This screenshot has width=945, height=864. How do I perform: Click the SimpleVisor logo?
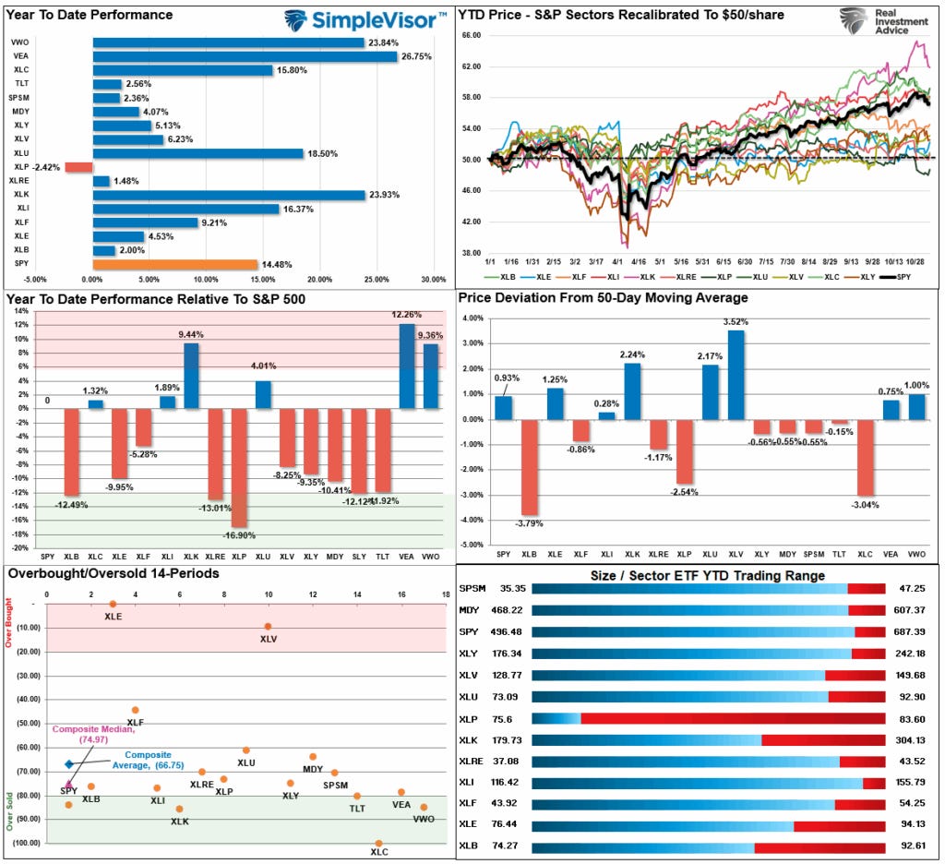click(x=366, y=19)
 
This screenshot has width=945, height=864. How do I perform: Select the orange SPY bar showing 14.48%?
click(x=174, y=264)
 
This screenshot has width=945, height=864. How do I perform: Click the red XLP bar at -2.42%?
click(x=78, y=167)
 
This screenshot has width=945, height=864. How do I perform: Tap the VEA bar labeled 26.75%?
click(x=245, y=56)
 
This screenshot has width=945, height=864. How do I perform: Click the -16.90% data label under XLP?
click(x=239, y=534)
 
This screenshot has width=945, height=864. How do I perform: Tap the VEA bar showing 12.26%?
click(x=407, y=366)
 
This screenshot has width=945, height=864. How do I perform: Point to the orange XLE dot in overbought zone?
click(x=113, y=604)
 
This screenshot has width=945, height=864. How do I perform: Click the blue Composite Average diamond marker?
click(x=68, y=763)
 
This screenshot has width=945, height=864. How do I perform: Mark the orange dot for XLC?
click(x=378, y=843)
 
